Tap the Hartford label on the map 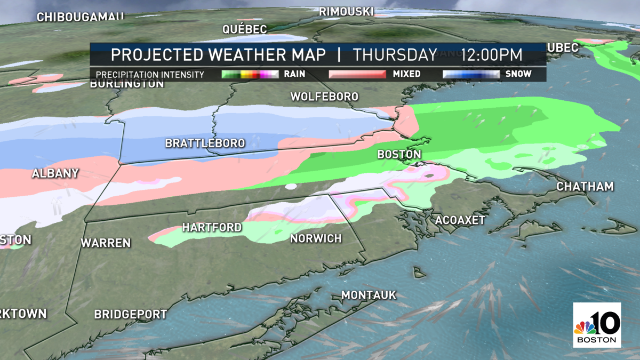click(212, 227)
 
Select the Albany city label click(55, 173)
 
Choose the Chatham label click(585, 187)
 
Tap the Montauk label click(369, 294)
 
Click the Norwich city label click(316, 238)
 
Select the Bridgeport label click(131, 315)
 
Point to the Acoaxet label click(460, 220)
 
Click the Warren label click(106, 243)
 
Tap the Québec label click(245, 29)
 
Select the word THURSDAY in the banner click(395, 55)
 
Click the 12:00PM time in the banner click(492, 55)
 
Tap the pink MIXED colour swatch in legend click(357, 74)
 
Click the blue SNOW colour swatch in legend click(471, 74)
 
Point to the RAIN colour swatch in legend click(250, 74)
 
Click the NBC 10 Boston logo click(597, 325)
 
